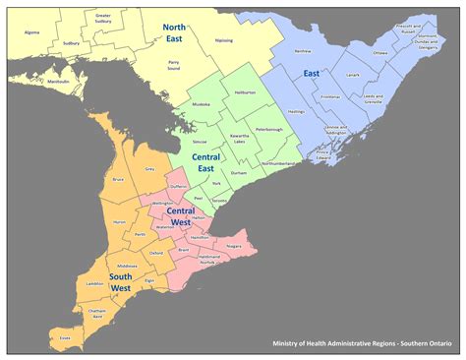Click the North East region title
pos(175,34)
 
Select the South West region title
pos(122,282)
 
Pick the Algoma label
pos(31,32)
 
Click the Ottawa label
pos(380,53)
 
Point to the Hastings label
pos(296,111)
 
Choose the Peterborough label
pos(268,129)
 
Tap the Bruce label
pos(118,179)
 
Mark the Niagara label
pos(233,246)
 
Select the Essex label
pos(65,337)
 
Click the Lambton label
pos(95,283)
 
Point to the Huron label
pos(120,223)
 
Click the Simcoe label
pos(201,142)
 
